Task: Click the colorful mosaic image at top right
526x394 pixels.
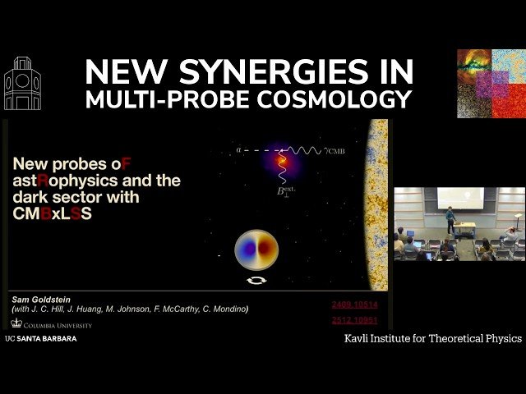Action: [x=491, y=83]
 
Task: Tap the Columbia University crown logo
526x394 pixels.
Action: [x=16, y=323]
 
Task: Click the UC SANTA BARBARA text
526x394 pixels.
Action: [x=41, y=338]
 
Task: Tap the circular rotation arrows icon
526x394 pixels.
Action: [x=256, y=280]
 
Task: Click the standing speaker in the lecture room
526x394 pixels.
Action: [x=450, y=219]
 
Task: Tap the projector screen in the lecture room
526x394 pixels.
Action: [x=459, y=198]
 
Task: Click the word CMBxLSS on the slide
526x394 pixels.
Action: [x=52, y=214]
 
